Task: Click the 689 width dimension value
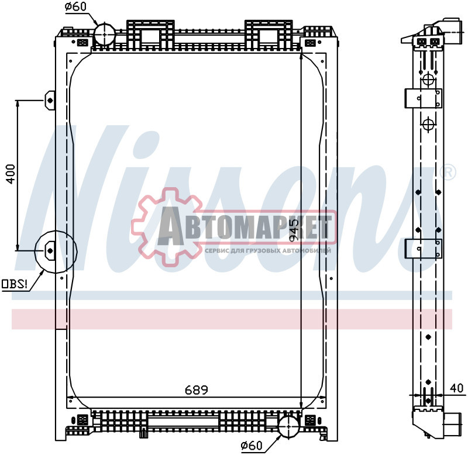tap(197, 389)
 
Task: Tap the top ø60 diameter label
tap(75, 7)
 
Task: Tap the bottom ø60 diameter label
tap(252, 446)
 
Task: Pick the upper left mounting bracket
tap(50, 99)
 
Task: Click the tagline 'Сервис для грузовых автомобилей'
tap(268, 250)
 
